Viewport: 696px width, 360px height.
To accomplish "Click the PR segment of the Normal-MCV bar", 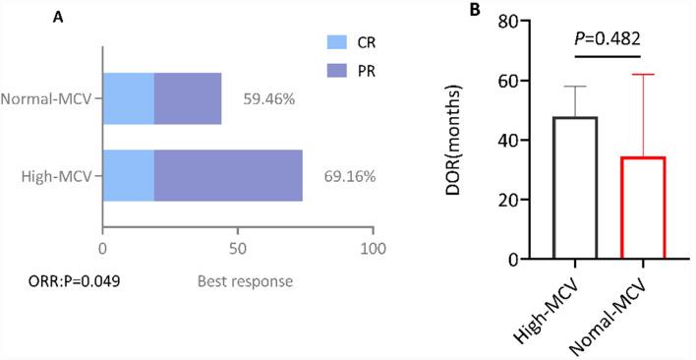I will click(x=187, y=98).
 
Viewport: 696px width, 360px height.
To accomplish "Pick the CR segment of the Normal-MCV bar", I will click(x=128, y=98).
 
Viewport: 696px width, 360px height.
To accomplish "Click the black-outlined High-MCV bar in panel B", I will click(x=549, y=188).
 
